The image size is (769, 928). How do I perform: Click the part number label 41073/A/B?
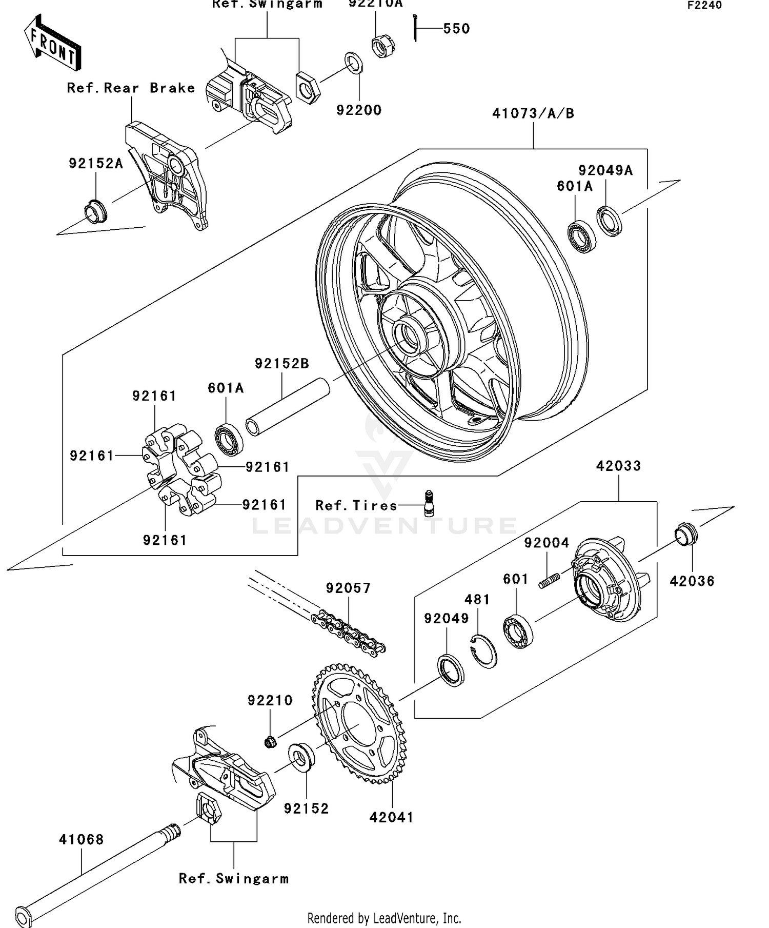(x=533, y=113)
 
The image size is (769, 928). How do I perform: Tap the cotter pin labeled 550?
(x=415, y=28)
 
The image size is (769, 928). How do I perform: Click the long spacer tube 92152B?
(x=287, y=407)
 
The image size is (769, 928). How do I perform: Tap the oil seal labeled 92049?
(x=451, y=670)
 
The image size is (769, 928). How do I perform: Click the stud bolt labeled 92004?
(x=549, y=581)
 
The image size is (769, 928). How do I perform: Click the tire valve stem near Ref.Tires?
(x=429, y=502)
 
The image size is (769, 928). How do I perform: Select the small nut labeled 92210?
(x=271, y=742)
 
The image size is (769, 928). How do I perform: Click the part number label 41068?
(x=81, y=840)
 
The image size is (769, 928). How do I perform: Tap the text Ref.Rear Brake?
(x=131, y=88)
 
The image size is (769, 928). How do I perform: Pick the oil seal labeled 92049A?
(x=609, y=221)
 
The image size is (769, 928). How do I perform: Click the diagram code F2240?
(x=704, y=6)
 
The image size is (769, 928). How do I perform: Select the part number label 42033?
(x=618, y=466)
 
